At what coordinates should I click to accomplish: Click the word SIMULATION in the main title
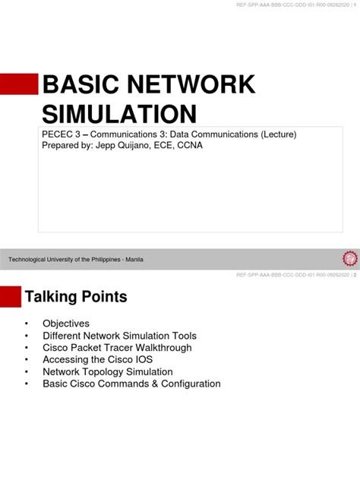point(118,114)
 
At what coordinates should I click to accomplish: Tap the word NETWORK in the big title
point(195,85)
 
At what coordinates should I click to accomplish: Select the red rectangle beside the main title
point(19,84)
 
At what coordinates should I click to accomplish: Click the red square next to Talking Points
point(11,296)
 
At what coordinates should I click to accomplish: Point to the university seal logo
point(350,259)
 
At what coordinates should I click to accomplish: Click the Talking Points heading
point(76,296)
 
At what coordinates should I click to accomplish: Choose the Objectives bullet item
point(66,324)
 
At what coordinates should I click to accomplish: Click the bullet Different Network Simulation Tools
point(119,336)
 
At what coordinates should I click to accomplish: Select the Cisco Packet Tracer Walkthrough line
point(117,348)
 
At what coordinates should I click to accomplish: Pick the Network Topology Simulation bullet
point(108,372)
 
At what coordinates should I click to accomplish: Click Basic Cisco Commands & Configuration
point(131,384)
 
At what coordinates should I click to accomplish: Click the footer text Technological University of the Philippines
point(65,260)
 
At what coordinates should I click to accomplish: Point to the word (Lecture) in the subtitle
point(276,134)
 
